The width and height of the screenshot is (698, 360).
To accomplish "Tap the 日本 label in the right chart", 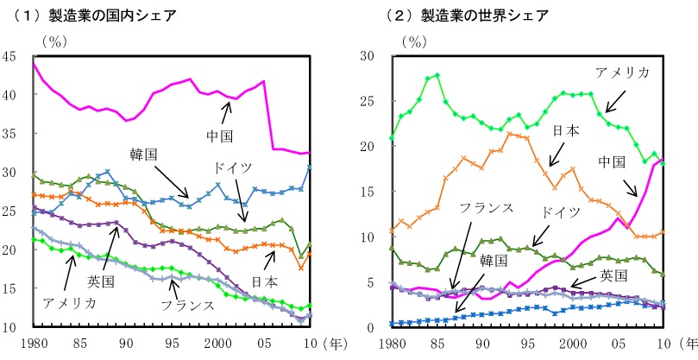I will [x=565, y=130].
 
